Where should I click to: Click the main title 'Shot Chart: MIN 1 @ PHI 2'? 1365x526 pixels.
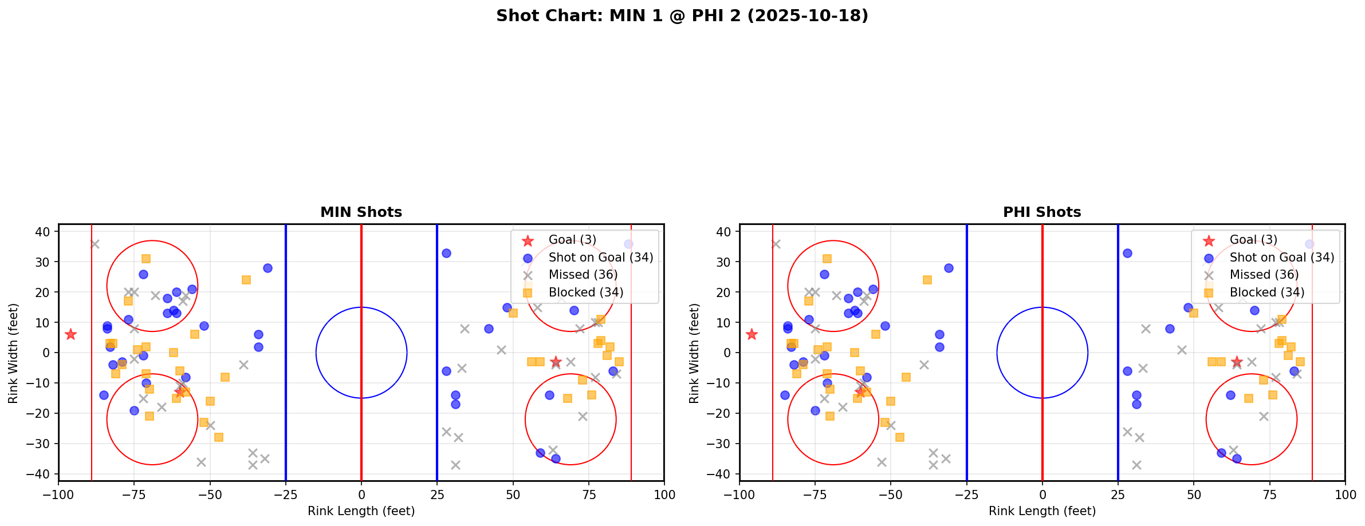[682, 16]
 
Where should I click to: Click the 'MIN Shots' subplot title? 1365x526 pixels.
[361, 212]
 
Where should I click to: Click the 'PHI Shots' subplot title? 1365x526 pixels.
[1041, 212]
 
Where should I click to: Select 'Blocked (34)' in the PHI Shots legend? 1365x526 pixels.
[1266, 292]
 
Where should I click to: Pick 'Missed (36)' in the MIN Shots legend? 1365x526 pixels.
[583, 275]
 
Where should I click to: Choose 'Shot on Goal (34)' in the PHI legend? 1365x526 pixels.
[1281, 258]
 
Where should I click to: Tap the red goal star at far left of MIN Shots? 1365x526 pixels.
[70, 334]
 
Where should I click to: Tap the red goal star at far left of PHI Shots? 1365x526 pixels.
[752, 334]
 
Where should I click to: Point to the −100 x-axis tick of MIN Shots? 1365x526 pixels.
[58, 495]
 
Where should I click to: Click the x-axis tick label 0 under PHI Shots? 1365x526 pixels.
[1042, 495]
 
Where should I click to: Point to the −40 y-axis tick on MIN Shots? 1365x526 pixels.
[43, 474]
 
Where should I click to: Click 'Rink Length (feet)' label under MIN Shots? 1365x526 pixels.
[361, 511]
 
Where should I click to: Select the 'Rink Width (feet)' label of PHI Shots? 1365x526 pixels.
[694, 353]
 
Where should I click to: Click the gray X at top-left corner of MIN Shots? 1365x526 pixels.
[95, 244]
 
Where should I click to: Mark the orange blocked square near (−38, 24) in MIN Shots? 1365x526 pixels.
[246, 280]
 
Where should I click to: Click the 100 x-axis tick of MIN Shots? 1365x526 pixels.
[664, 495]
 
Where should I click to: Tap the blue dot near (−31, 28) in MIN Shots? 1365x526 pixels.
[268, 268]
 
